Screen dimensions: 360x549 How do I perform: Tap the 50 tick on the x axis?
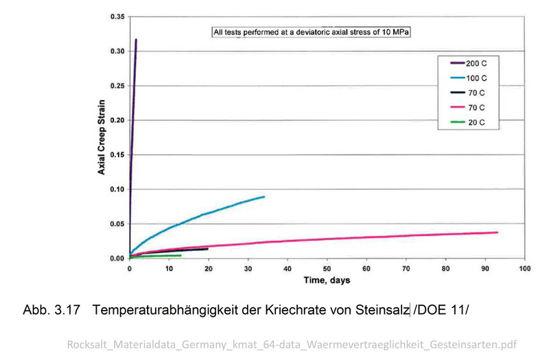[x=327, y=269]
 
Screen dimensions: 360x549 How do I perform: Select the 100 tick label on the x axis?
[x=525, y=269]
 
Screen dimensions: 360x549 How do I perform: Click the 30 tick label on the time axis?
[x=248, y=269]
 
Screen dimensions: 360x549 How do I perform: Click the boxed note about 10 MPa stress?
[x=310, y=32]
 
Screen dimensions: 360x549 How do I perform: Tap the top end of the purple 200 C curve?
[x=137, y=40]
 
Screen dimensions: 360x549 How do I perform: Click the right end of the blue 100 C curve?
[x=264, y=197]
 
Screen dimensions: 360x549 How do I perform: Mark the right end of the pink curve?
[x=497, y=232]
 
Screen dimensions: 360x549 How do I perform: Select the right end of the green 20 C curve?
[x=180, y=255]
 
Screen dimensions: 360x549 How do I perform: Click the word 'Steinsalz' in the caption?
[x=382, y=311]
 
